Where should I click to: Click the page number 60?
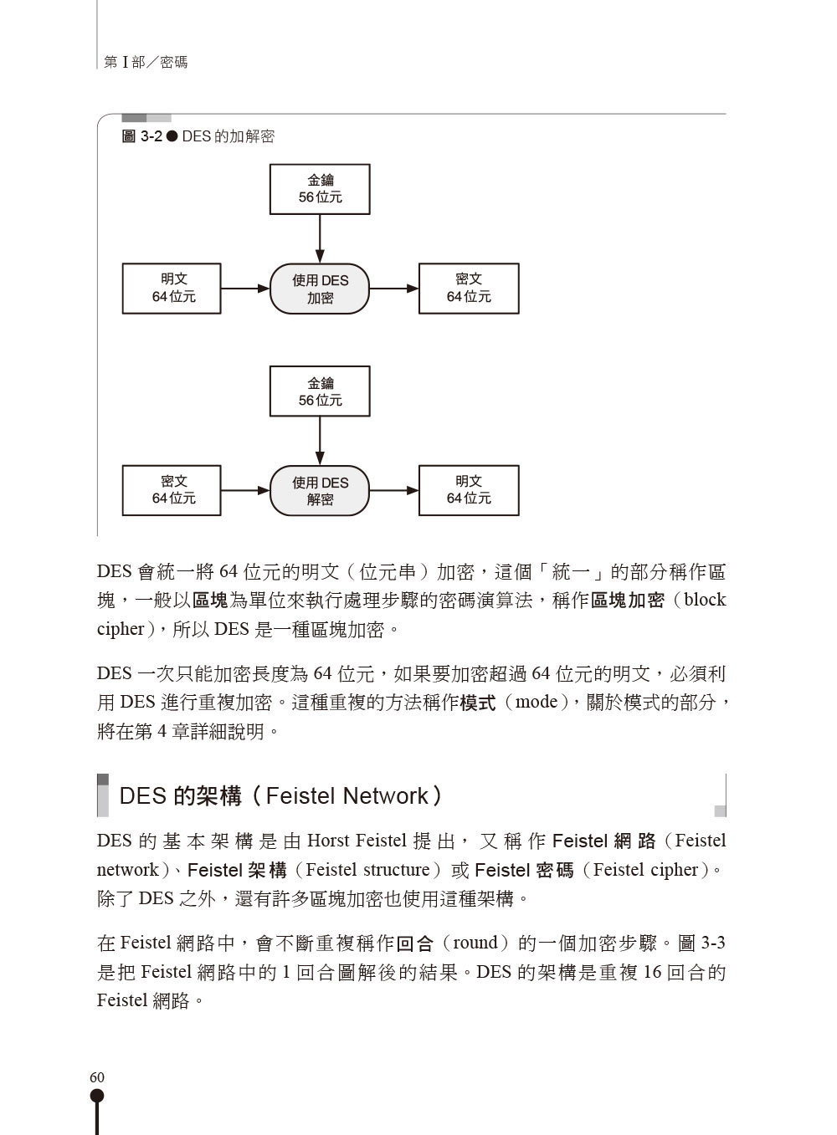97,1076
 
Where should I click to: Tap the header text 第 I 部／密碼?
146,63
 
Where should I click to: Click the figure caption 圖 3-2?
141,136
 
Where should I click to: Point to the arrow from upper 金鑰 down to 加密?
320,238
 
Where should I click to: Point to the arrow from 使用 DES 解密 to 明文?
394,490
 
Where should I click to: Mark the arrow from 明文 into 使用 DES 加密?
245,289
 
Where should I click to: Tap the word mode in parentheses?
537,702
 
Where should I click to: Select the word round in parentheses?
475,943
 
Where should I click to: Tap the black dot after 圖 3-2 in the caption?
172,136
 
